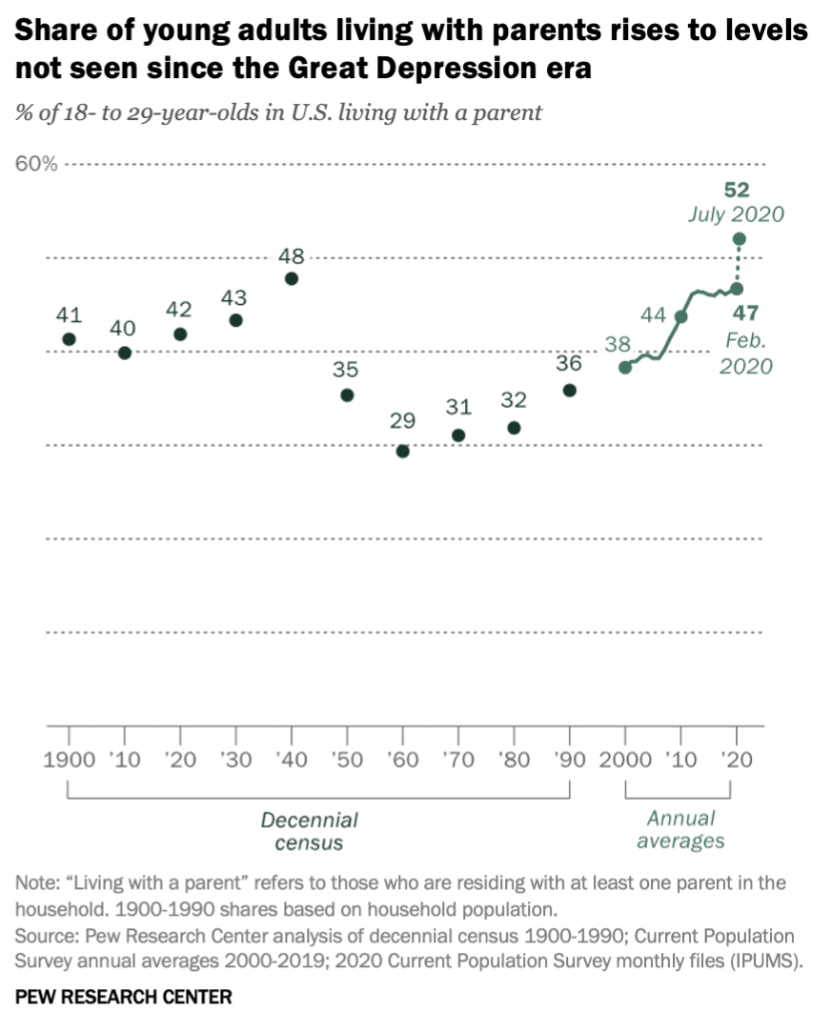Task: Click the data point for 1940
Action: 292,278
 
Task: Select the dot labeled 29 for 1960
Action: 402,452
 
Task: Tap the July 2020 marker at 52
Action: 738,238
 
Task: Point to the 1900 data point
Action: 69,339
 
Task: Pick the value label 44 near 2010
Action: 653,315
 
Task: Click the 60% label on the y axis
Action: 36,164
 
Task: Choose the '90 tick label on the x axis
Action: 569,759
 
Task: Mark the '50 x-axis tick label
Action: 347,759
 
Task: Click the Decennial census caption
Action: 309,831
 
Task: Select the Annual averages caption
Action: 680,829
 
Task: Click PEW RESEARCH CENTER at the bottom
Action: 123,997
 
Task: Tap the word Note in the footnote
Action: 34,882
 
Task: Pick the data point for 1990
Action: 569,390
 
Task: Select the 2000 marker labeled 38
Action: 625,367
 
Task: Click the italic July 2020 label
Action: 736,213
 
